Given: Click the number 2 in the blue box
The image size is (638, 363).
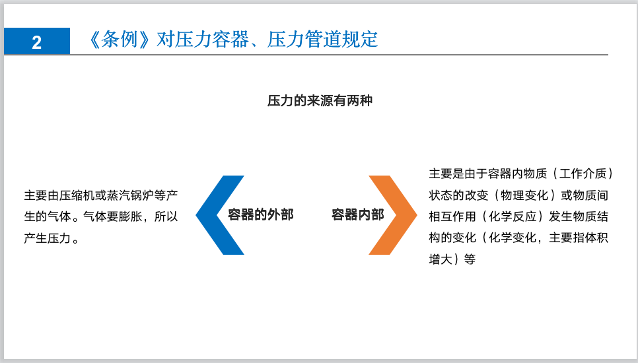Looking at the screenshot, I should pos(36,42).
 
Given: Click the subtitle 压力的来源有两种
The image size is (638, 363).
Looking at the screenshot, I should pos(320,101).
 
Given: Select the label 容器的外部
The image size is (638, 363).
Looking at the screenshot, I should pos(260,215).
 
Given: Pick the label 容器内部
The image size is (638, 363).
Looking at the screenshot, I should pos(357,215).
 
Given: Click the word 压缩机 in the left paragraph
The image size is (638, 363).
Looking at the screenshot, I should pos(75,195).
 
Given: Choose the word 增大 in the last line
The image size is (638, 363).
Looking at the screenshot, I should pos(441,259).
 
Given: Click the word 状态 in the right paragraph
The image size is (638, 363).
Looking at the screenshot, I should pos(441,196).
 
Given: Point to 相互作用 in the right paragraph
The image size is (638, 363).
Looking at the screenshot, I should pos(452,217).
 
